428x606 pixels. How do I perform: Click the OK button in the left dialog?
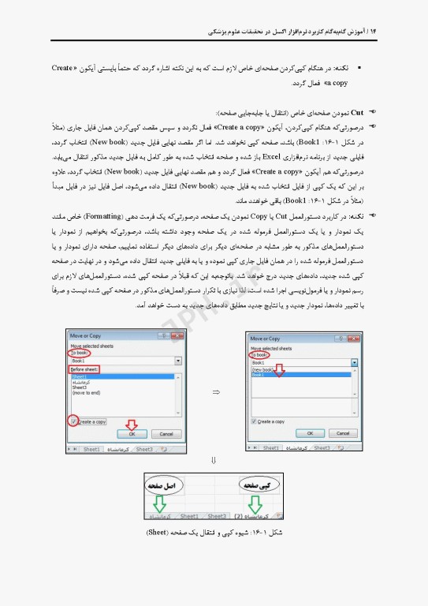pyautogui.click(x=132, y=434)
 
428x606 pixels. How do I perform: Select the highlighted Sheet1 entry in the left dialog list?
pyautogui.click(x=79, y=377)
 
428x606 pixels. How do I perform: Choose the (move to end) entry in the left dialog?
pyautogui.click(x=85, y=392)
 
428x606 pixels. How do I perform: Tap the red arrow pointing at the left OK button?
pyautogui.click(x=132, y=424)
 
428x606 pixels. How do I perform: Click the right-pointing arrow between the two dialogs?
pyautogui.click(x=216, y=392)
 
